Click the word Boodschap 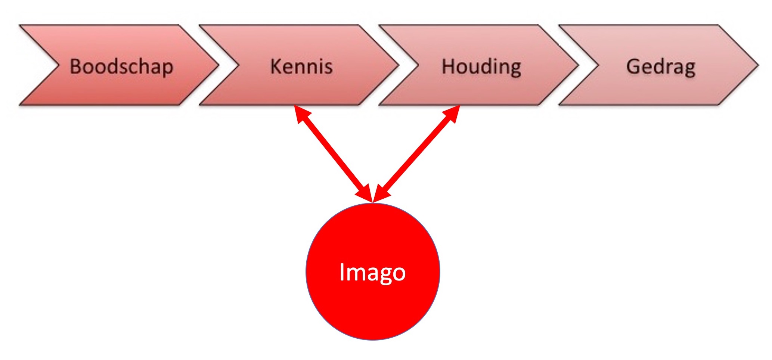[121, 67]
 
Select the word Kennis [301, 66]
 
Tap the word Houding [481, 67]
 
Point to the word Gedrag [661, 67]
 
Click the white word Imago [372, 272]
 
